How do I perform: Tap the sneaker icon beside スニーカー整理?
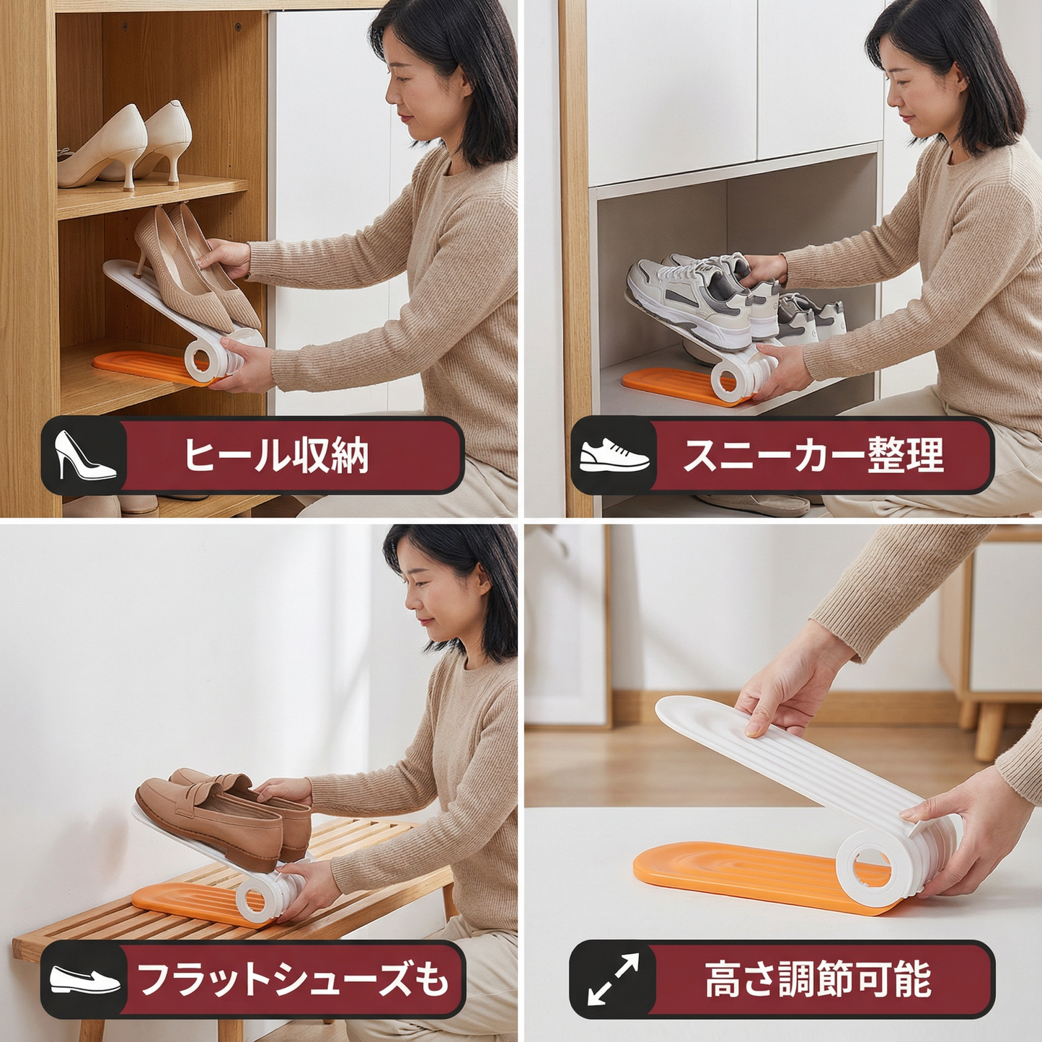click(614, 456)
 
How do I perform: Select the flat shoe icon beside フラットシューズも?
click(84, 980)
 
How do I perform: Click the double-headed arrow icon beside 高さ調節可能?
click(613, 979)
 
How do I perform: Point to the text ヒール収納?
click(276, 456)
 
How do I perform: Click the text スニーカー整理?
click(813, 456)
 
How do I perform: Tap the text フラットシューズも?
click(293, 979)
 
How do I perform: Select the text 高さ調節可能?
click(818, 979)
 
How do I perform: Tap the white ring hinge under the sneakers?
click(729, 379)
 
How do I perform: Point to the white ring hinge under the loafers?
click(255, 898)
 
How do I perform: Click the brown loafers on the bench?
click(216, 815)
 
